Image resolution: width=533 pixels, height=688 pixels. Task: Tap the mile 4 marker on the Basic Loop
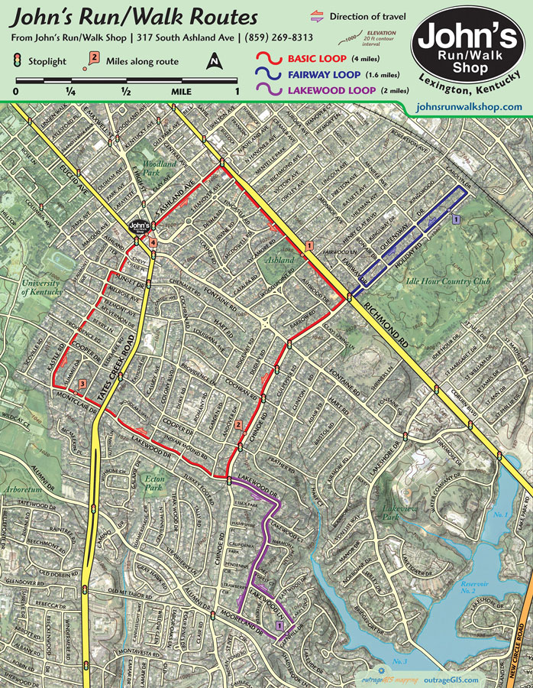pos(153,242)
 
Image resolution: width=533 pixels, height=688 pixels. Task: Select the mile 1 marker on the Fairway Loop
pos(455,219)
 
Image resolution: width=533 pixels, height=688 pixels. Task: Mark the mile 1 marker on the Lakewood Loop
pos(279,625)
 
